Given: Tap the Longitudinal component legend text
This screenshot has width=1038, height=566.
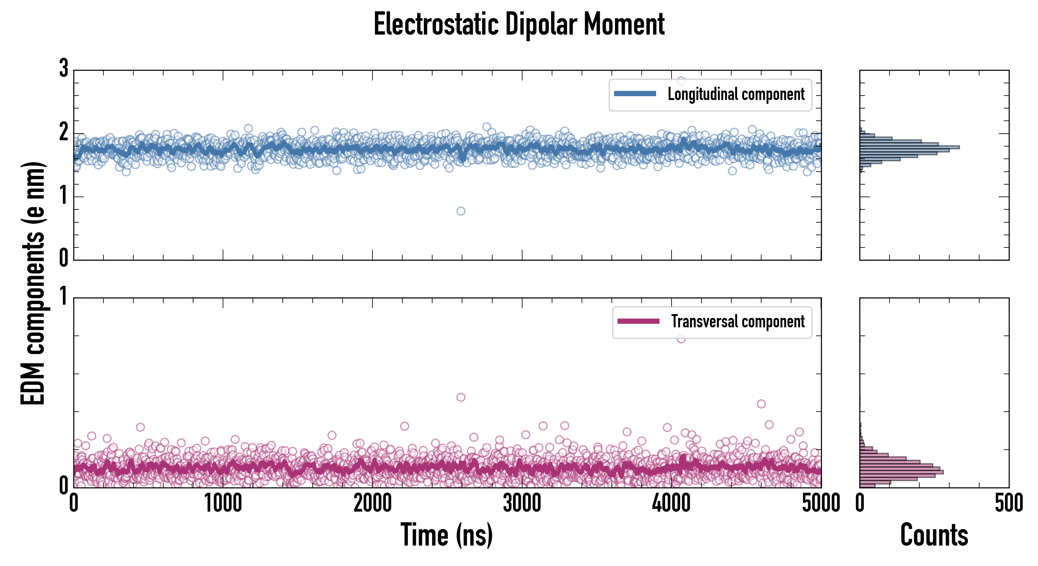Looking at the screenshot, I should [736, 94].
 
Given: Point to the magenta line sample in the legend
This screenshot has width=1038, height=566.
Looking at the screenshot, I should [638, 321].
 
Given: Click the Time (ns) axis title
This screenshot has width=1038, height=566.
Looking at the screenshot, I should [446, 535].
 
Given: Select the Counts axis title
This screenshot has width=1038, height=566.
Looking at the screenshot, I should [934, 535].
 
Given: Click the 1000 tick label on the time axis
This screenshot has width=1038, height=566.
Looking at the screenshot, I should [223, 503].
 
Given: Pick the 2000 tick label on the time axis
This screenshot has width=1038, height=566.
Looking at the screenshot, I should [372, 503].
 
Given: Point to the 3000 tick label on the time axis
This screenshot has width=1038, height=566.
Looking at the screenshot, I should [522, 503].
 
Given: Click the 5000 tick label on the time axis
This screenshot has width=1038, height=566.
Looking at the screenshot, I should [821, 503].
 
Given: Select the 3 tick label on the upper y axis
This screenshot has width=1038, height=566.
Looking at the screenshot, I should [64, 69].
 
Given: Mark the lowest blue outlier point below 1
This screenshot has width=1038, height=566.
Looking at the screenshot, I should [460, 211].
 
